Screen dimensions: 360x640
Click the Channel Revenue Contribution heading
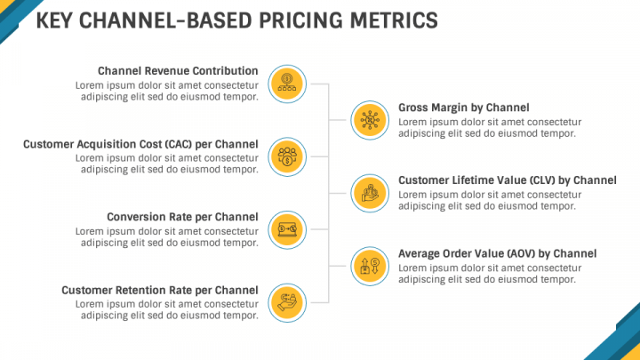178,71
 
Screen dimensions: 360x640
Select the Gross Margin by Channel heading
463,107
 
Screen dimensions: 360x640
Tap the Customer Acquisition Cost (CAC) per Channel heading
140,144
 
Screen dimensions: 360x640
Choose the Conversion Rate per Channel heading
182,217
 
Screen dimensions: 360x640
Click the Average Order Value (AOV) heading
497,253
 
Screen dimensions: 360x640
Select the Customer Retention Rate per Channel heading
160,290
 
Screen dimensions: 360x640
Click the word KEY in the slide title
54,20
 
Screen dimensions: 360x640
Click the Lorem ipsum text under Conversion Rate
169,237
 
